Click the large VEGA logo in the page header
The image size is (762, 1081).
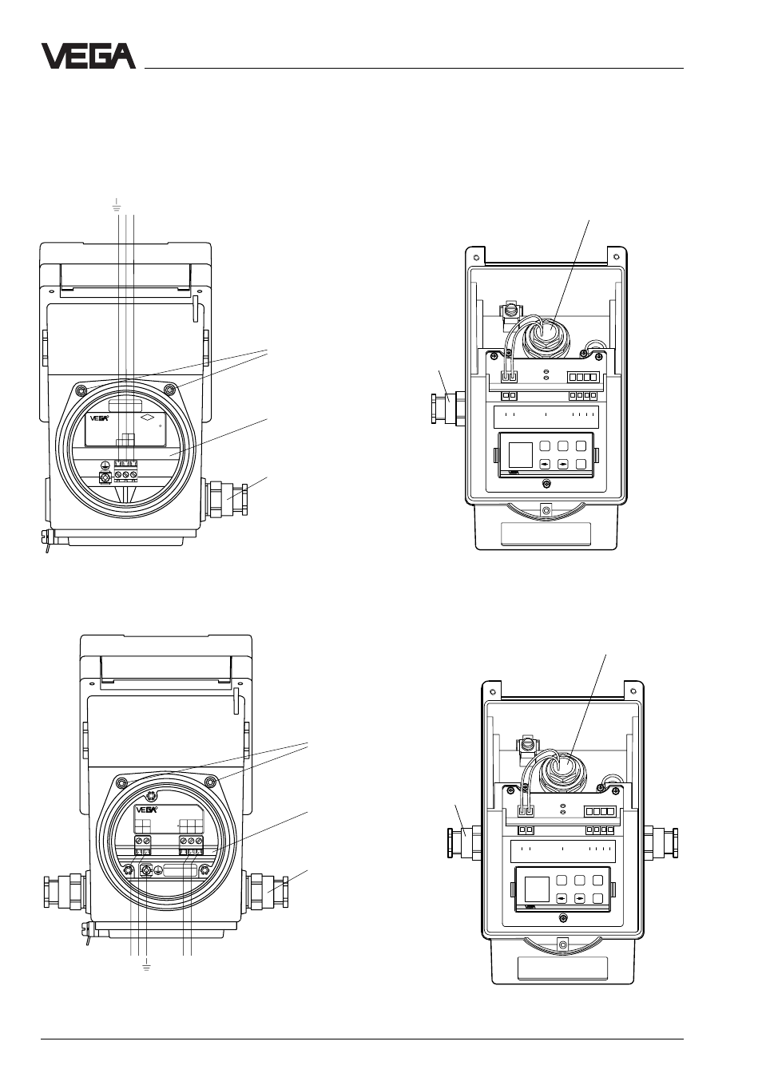tap(89, 56)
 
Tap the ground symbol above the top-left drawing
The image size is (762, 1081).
tap(117, 206)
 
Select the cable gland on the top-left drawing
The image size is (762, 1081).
tap(227, 498)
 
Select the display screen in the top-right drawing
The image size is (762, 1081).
tap(521, 454)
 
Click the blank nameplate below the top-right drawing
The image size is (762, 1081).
tap(546, 534)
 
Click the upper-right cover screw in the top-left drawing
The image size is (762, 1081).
tap(169, 390)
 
